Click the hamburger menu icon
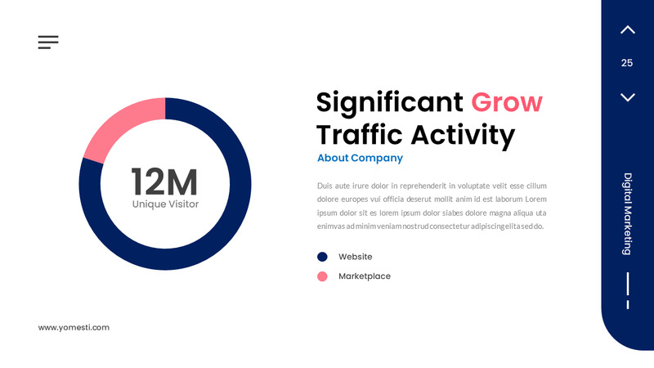click(48, 43)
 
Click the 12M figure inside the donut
click(164, 180)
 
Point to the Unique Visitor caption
click(165, 204)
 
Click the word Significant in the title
click(389, 102)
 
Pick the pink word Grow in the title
click(507, 102)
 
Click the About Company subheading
click(360, 158)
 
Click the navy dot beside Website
click(322, 257)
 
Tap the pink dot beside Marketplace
click(322, 276)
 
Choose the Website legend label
click(355, 257)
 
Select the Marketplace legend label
click(364, 276)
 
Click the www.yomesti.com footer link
click(74, 327)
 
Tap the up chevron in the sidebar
click(627, 30)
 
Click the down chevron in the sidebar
click(627, 97)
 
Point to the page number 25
click(627, 63)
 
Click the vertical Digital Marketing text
click(628, 213)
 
